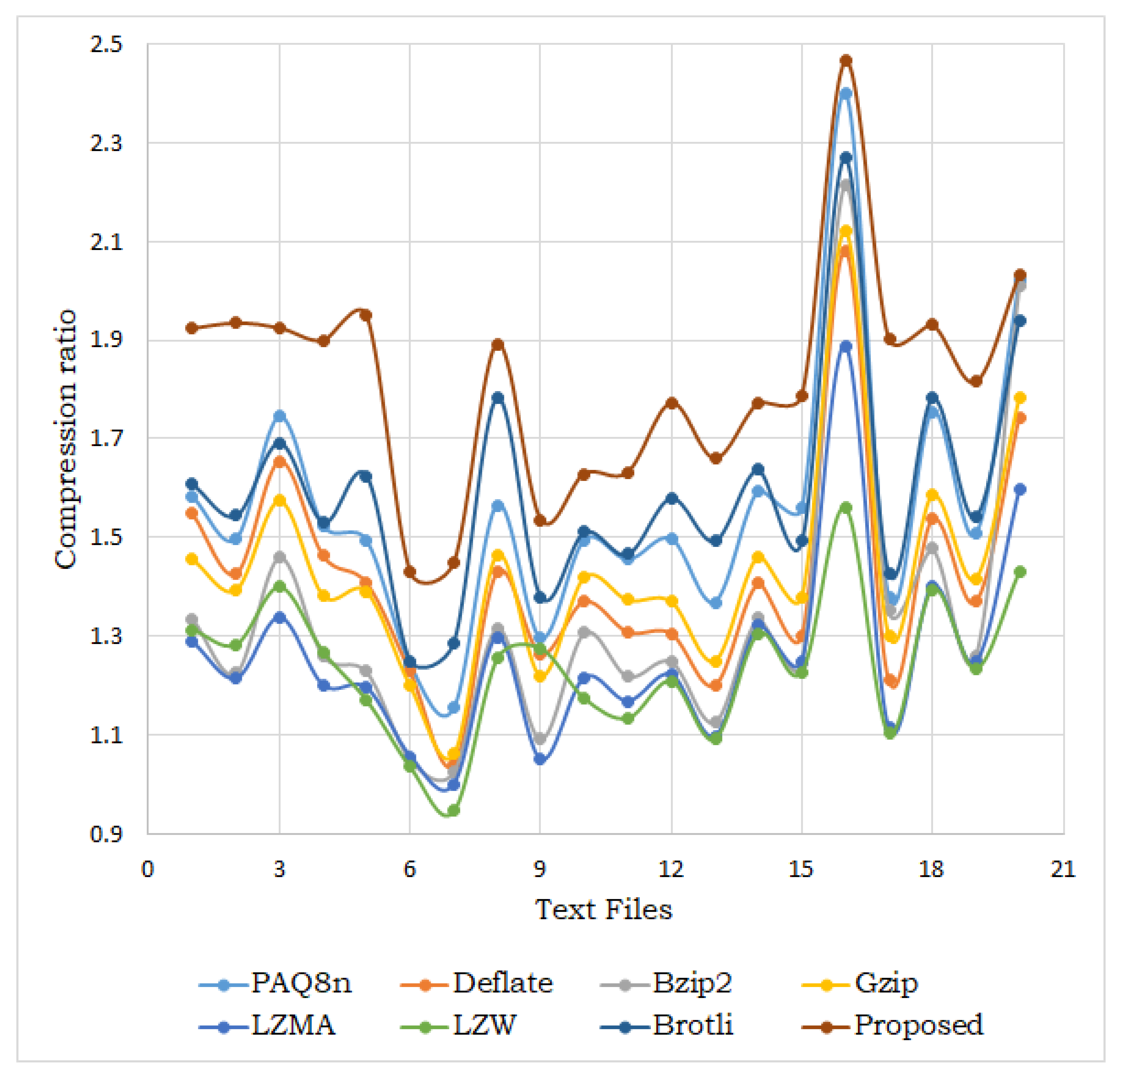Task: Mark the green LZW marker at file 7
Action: (454, 810)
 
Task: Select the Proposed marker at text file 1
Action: (192, 328)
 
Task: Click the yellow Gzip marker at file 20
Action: (1020, 398)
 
